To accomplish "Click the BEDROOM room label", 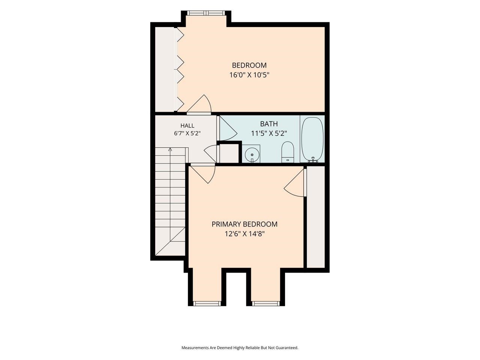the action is coord(249,65).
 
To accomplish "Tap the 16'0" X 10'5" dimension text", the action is coord(249,75).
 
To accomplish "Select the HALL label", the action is coord(187,126).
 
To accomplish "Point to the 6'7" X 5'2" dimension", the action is coord(187,133).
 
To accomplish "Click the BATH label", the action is coord(269,124).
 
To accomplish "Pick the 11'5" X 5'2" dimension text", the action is coord(269,133).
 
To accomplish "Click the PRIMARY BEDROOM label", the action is coord(244,224).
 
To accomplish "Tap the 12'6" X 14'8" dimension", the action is coord(244,234).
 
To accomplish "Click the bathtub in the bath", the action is coord(312,140).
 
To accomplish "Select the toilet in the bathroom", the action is coord(287,152).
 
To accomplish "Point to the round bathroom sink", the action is coord(252,155).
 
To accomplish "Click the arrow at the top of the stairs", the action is coord(170,150).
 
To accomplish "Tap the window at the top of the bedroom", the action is coord(206,13).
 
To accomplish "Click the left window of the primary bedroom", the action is coord(207,303).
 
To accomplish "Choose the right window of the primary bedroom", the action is coord(266,303).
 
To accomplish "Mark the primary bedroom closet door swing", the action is coord(294,183).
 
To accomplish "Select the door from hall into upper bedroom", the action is coord(199,105).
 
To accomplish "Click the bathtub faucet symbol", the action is coord(313,160).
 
